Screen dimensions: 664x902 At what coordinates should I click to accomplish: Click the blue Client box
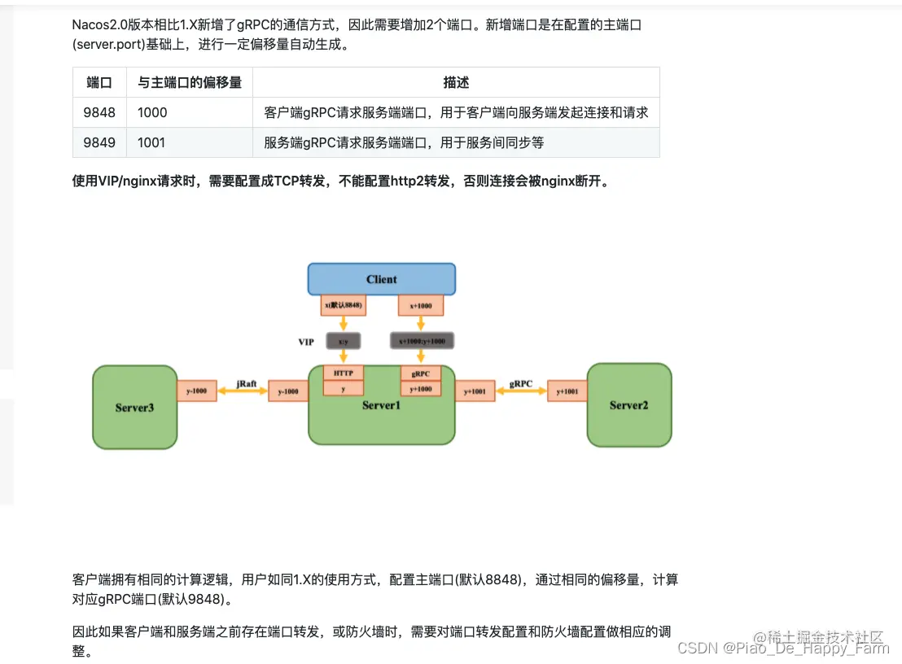[381, 279]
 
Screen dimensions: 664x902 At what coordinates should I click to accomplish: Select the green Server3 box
[134, 407]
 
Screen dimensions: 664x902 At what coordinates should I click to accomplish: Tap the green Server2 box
[628, 405]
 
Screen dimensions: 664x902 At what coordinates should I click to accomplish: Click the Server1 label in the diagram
[381, 405]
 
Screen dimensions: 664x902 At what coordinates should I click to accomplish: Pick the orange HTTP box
[344, 373]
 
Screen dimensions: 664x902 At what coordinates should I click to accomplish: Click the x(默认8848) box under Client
[344, 305]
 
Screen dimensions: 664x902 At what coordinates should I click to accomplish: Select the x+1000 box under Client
[421, 305]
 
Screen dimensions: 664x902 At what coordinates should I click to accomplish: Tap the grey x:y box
[344, 341]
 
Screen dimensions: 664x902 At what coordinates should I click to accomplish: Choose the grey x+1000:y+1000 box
[421, 341]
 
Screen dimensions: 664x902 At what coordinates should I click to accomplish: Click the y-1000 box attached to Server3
[197, 391]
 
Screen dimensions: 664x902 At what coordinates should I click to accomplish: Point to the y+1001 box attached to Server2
[567, 391]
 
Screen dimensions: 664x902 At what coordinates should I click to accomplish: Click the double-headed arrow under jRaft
[242, 391]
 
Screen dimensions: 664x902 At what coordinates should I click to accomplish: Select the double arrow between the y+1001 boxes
[520, 391]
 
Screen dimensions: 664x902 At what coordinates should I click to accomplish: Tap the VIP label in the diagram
[306, 342]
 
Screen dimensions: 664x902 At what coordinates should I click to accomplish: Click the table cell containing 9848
[99, 112]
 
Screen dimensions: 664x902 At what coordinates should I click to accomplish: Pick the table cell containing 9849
[99, 142]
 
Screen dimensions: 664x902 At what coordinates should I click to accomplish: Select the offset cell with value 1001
[151, 142]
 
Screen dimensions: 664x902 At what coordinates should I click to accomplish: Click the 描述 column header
[456, 82]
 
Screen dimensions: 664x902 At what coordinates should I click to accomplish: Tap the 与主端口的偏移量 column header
[190, 82]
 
